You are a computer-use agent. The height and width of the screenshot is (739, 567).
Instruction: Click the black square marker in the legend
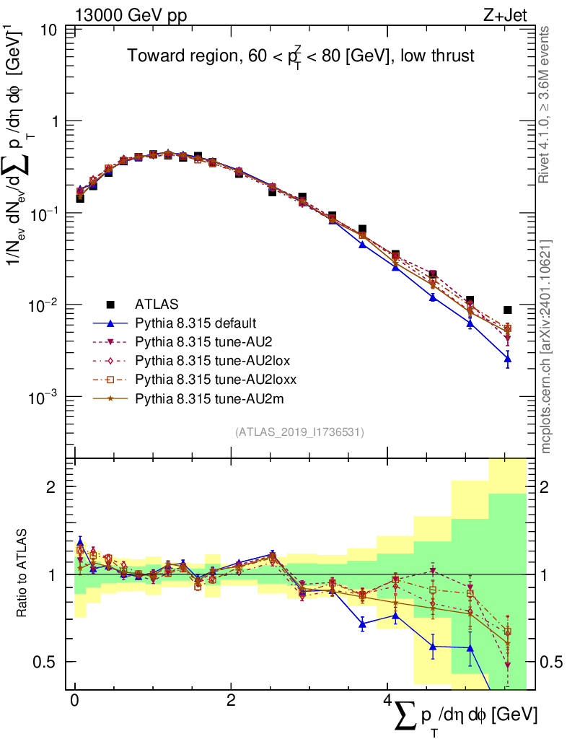pos(110,304)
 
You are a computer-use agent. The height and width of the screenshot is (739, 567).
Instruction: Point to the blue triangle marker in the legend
pos(110,323)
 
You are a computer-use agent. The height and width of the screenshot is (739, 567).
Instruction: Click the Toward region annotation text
pos(301,56)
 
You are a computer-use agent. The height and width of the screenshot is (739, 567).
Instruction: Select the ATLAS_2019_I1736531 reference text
pos(299,432)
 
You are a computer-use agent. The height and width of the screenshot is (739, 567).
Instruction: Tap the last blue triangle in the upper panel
pos(508,358)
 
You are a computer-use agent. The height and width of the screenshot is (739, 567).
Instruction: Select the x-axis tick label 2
pos(231,701)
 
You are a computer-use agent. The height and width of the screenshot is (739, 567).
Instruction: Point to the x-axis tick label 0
pos(74,701)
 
